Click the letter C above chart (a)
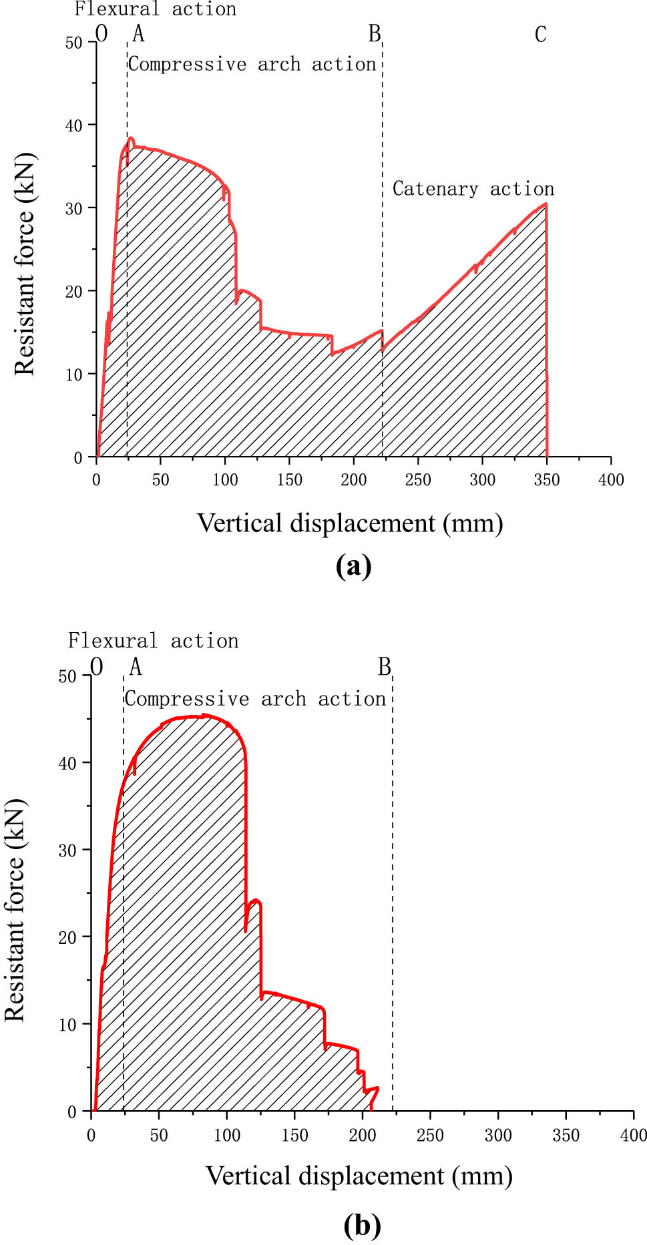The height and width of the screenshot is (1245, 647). point(540,35)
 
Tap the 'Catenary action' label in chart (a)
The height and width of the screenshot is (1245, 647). point(473,189)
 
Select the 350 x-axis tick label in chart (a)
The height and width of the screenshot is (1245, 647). point(546,479)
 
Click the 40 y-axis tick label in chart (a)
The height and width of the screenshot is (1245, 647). point(73,126)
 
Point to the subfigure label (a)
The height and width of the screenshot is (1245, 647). point(353,566)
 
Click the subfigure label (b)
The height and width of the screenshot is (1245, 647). point(362,1226)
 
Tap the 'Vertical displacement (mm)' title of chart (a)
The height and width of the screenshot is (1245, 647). point(350,523)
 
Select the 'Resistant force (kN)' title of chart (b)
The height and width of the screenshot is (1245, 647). point(15,910)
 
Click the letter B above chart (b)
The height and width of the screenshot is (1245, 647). point(384,667)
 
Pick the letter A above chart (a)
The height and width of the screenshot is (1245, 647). point(138,33)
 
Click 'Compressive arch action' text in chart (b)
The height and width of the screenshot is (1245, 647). point(255,699)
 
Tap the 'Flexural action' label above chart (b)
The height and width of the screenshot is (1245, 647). point(153,641)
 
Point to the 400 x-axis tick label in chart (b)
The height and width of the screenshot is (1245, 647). point(633,1135)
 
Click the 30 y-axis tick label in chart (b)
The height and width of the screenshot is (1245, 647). point(67,850)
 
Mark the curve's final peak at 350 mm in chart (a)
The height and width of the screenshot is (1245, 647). point(546,204)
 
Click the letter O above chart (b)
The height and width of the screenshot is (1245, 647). point(97,667)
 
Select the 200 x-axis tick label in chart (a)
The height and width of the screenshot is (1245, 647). point(353,479)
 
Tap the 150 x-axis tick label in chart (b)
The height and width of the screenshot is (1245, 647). point(294,1135)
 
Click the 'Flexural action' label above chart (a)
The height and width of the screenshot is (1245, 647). point(155,9)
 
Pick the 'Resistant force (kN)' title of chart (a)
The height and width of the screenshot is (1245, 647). point(24,264)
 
